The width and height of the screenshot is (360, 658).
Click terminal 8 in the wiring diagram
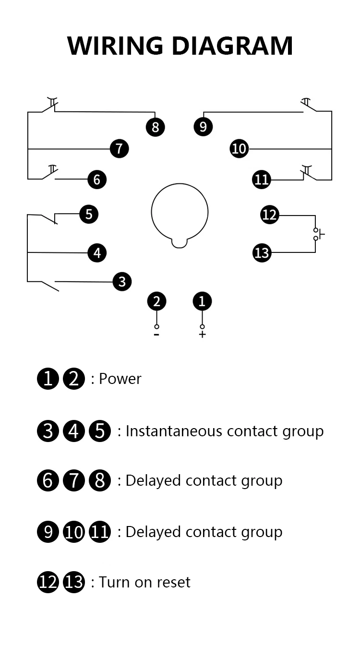pyautogui.click(x=155, y=127)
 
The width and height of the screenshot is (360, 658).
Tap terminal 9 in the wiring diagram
pyautogui.click(x=203, y=127)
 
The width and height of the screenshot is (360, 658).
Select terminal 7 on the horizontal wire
pyautogui.click(x=120, y=149)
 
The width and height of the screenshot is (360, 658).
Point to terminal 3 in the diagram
pyautogui.click(x=122, y=282)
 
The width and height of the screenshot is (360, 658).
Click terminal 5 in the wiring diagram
pyautogui.click(x=89, y=214)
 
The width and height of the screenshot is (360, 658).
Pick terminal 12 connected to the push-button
pyautogui.click(x=269, y=215)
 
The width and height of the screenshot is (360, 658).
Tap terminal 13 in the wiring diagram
pyautogui.click(x=262, y=253)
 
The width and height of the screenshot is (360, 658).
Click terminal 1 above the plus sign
pyautogui.click(x=202, y=301)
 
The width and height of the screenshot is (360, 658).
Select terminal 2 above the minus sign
pyautogui.click(x=156, y=301)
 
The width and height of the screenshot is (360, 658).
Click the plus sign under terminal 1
pyautogui.click(x=202, y=335)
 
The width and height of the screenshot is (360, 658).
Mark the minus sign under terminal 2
pyautogui.click(x=156, y=335)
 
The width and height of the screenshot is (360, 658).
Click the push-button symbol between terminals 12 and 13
pyautogui.click(x=318, y=234)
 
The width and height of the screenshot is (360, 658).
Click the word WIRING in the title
pyautogui.click(x=115, y=46)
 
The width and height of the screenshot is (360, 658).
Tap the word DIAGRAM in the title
pyautogui.click(x=232, y=46)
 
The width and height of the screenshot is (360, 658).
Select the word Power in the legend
pyautogui.click(x=120, y=379)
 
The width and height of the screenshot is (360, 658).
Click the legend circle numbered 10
pyautogui.click(x=74, y=532)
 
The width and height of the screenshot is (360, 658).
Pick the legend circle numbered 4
pyautogui.click(x=74, y=431)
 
